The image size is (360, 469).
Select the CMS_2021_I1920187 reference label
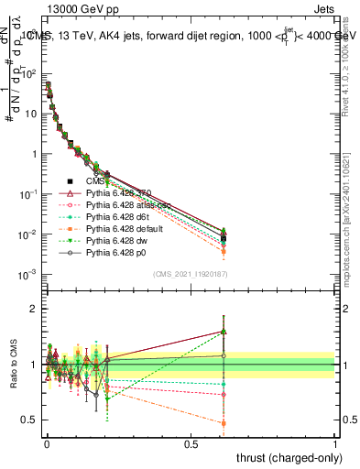190,273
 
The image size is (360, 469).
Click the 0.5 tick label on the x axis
190,443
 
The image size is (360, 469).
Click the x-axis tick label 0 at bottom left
47,443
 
